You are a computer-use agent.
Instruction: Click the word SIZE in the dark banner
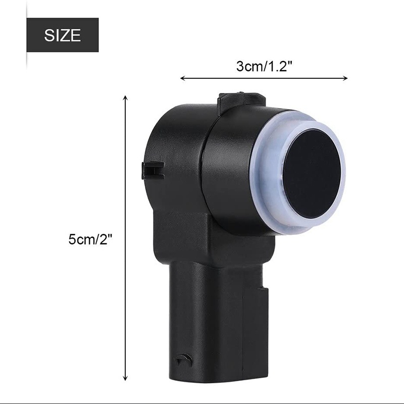coord(62,35)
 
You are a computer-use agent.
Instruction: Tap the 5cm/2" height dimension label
coord(90,239)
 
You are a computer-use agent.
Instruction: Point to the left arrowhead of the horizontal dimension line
coord(182,78)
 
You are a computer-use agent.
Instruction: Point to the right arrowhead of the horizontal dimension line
coord(345,78)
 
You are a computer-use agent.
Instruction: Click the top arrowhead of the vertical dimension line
coord(125,97)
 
